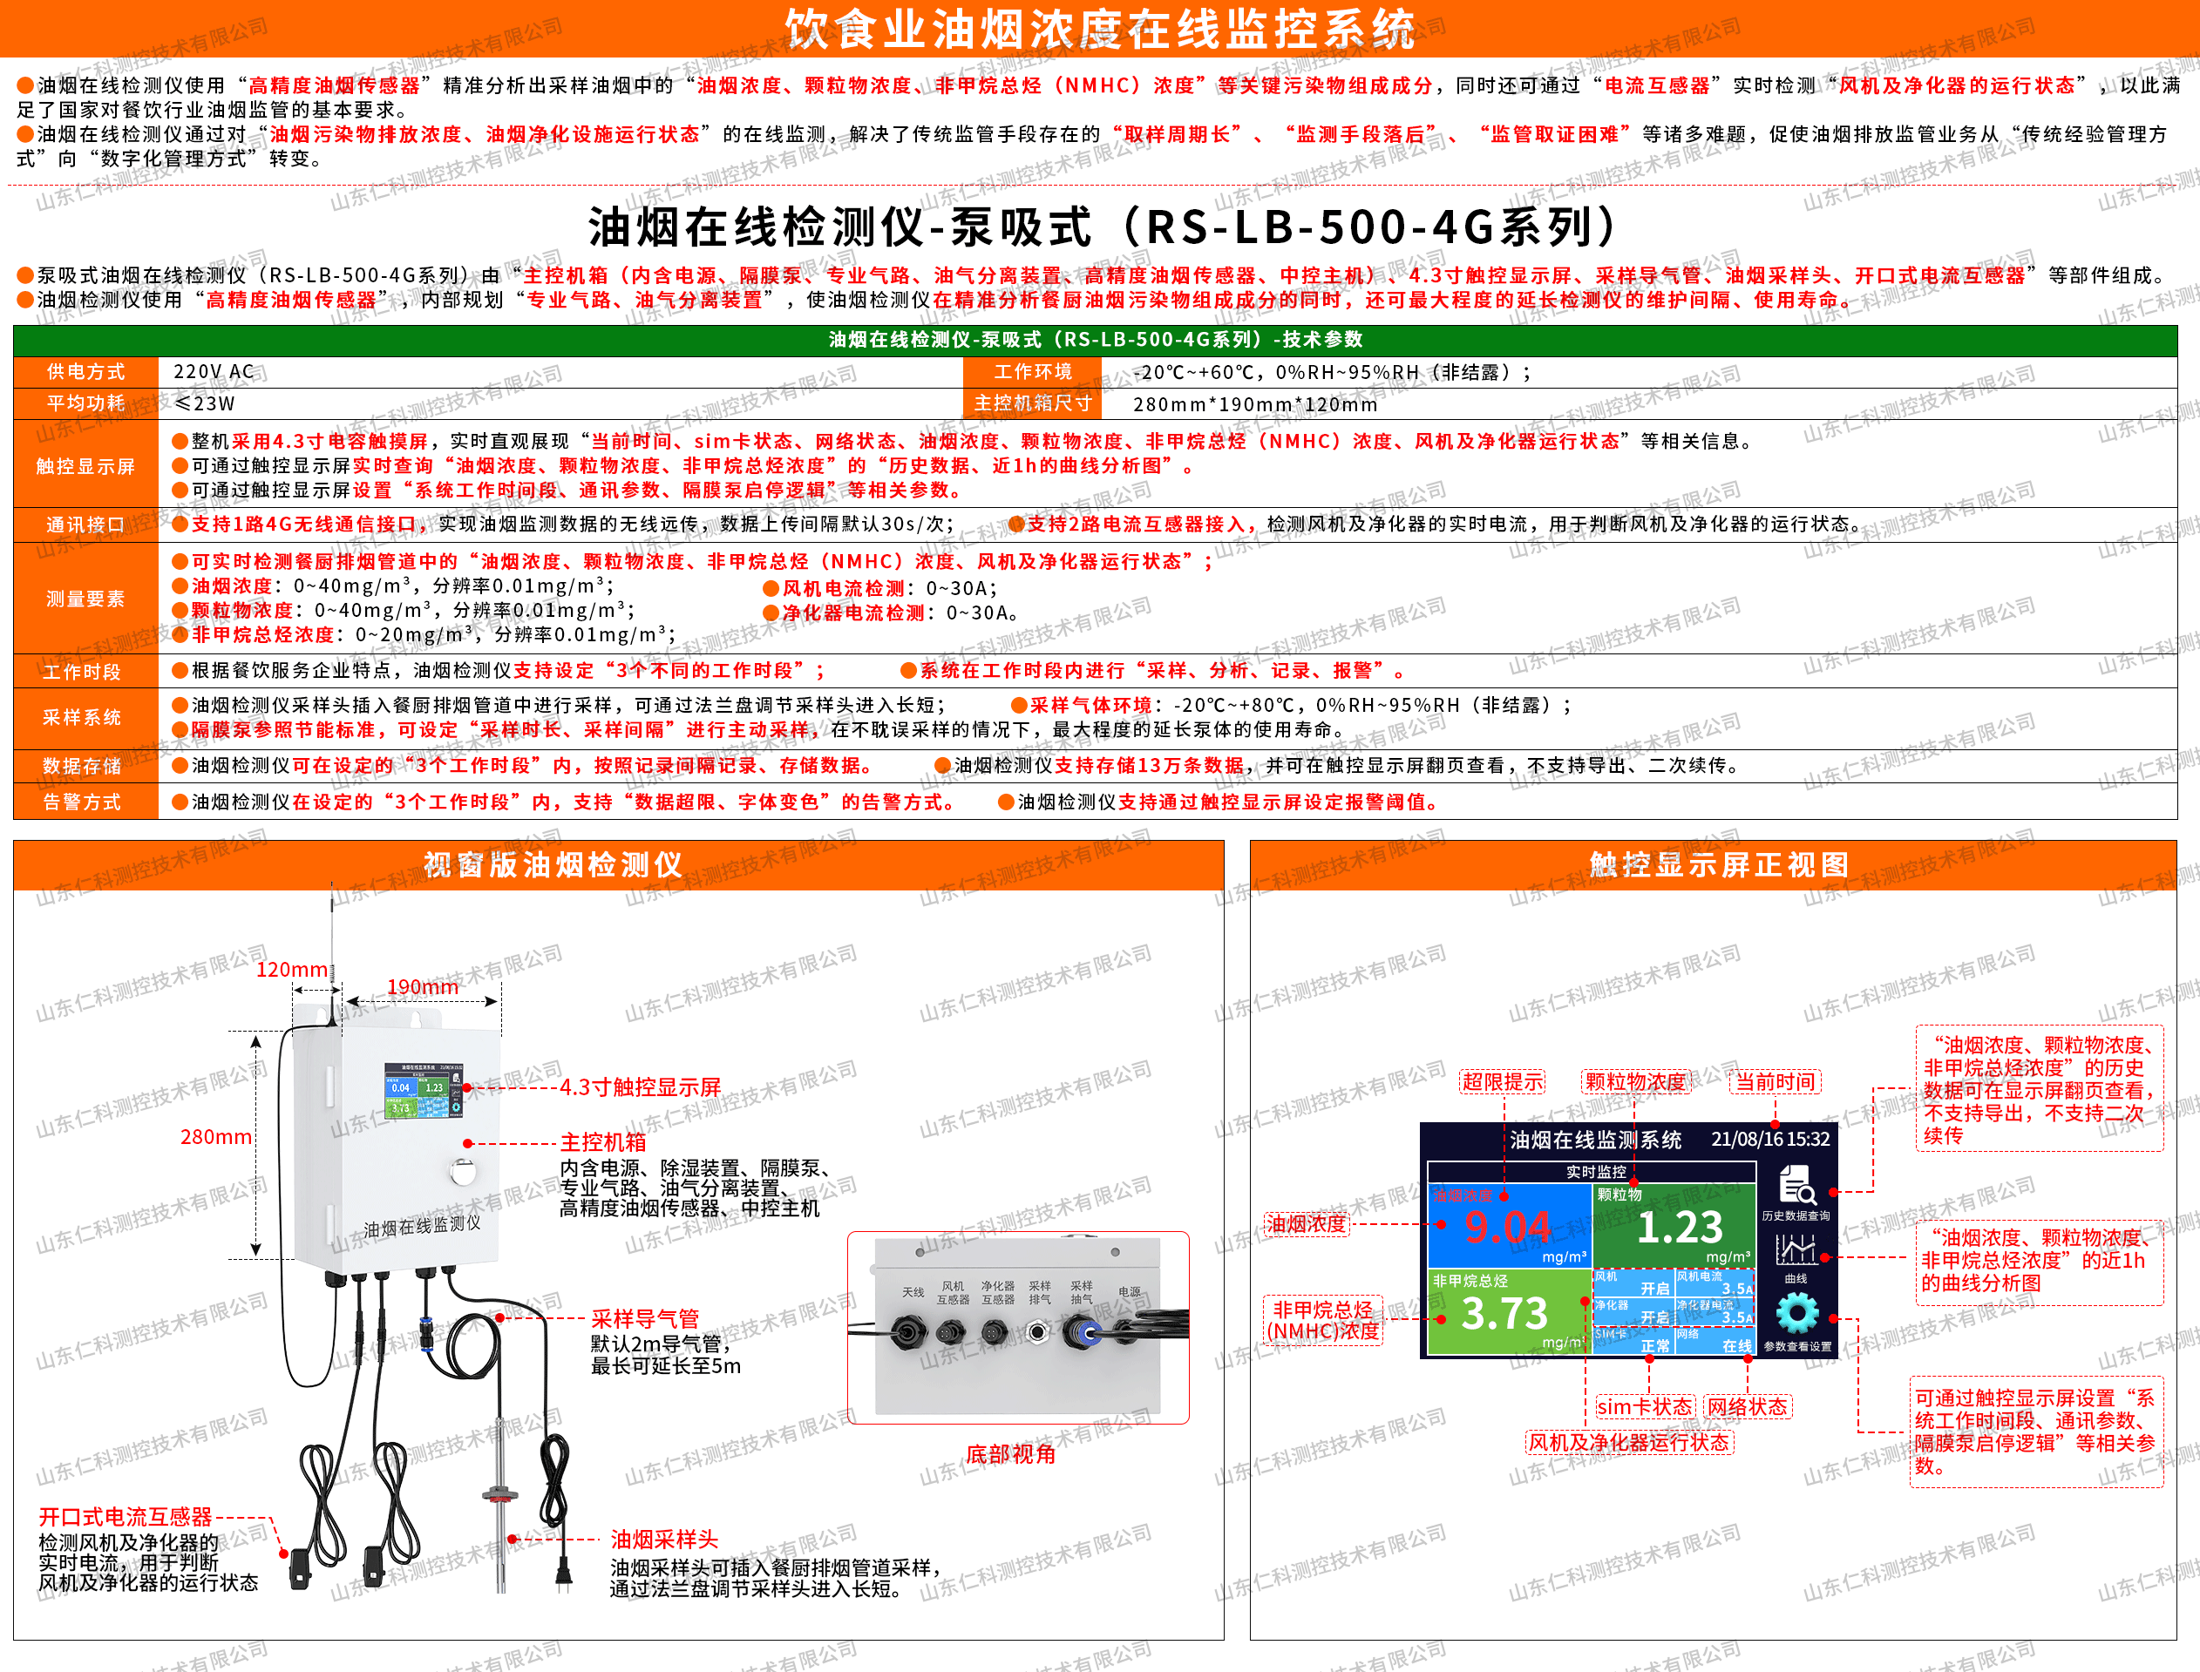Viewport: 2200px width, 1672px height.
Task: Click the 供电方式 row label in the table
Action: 85,371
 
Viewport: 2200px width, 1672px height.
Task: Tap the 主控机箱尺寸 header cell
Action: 1032,403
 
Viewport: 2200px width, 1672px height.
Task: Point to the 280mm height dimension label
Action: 216,1136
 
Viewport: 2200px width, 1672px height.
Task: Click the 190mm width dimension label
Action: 422,987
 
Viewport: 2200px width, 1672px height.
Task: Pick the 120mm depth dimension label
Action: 292,970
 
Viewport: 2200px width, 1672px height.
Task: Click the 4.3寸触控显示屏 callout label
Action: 640,1086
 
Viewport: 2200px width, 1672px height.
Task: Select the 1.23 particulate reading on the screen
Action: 1680,1227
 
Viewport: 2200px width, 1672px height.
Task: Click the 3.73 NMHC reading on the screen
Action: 1504,1314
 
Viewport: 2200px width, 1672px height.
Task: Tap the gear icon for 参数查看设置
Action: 1796,1315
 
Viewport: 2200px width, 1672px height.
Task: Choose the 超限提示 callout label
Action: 1502,1082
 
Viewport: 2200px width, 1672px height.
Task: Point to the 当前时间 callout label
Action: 1776,1082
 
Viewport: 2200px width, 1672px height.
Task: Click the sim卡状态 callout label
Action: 1644,1406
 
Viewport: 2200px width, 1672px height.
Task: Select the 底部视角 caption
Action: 1010,1454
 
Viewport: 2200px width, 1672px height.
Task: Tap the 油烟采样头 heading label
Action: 664,1539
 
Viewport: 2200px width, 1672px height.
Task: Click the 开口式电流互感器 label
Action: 126,1517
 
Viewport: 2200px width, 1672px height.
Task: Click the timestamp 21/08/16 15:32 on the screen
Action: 1770,1140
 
